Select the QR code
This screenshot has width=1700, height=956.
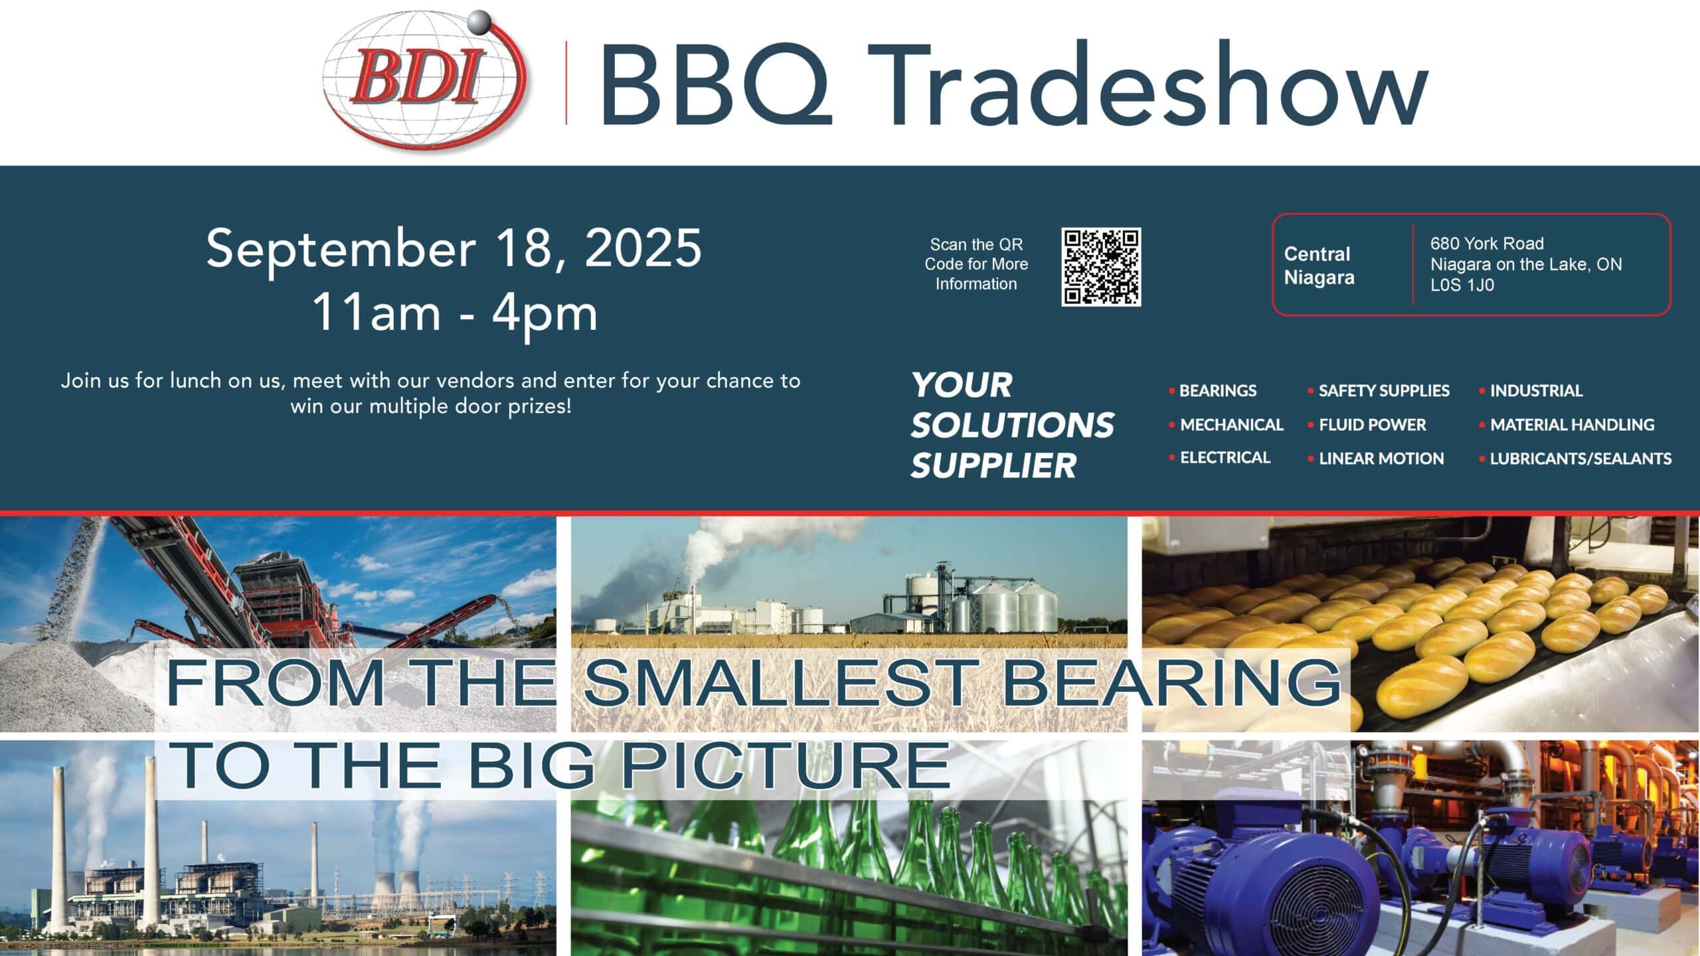1101,267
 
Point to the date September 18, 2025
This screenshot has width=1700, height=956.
454,248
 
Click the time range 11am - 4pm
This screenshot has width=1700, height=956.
455,313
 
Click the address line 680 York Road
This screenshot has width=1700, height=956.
1487,244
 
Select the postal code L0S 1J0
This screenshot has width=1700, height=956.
1462,285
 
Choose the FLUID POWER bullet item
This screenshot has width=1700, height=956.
1367,425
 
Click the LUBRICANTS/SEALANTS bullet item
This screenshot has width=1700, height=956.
1575,459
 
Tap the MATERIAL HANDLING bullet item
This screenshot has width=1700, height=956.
1567,425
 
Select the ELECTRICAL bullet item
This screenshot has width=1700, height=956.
1220,457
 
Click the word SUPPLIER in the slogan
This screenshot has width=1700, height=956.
993,465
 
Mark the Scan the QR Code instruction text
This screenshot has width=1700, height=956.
976,264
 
